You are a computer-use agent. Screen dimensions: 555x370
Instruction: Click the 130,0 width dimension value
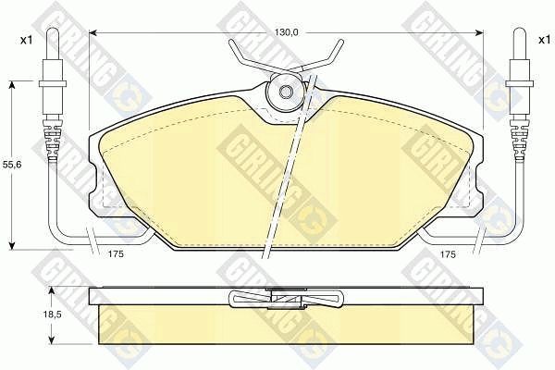coord(287,32)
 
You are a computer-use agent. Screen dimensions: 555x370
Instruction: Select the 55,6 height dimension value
coord(12,165)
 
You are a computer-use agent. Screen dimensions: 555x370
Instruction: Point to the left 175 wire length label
coord(116,253)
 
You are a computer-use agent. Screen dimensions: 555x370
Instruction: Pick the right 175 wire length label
coord(448,253)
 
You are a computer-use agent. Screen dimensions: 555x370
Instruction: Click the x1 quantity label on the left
coord(26,41)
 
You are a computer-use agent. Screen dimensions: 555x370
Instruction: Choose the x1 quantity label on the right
coord(545,40)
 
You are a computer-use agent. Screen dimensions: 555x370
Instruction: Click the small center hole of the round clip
coord(285,92)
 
